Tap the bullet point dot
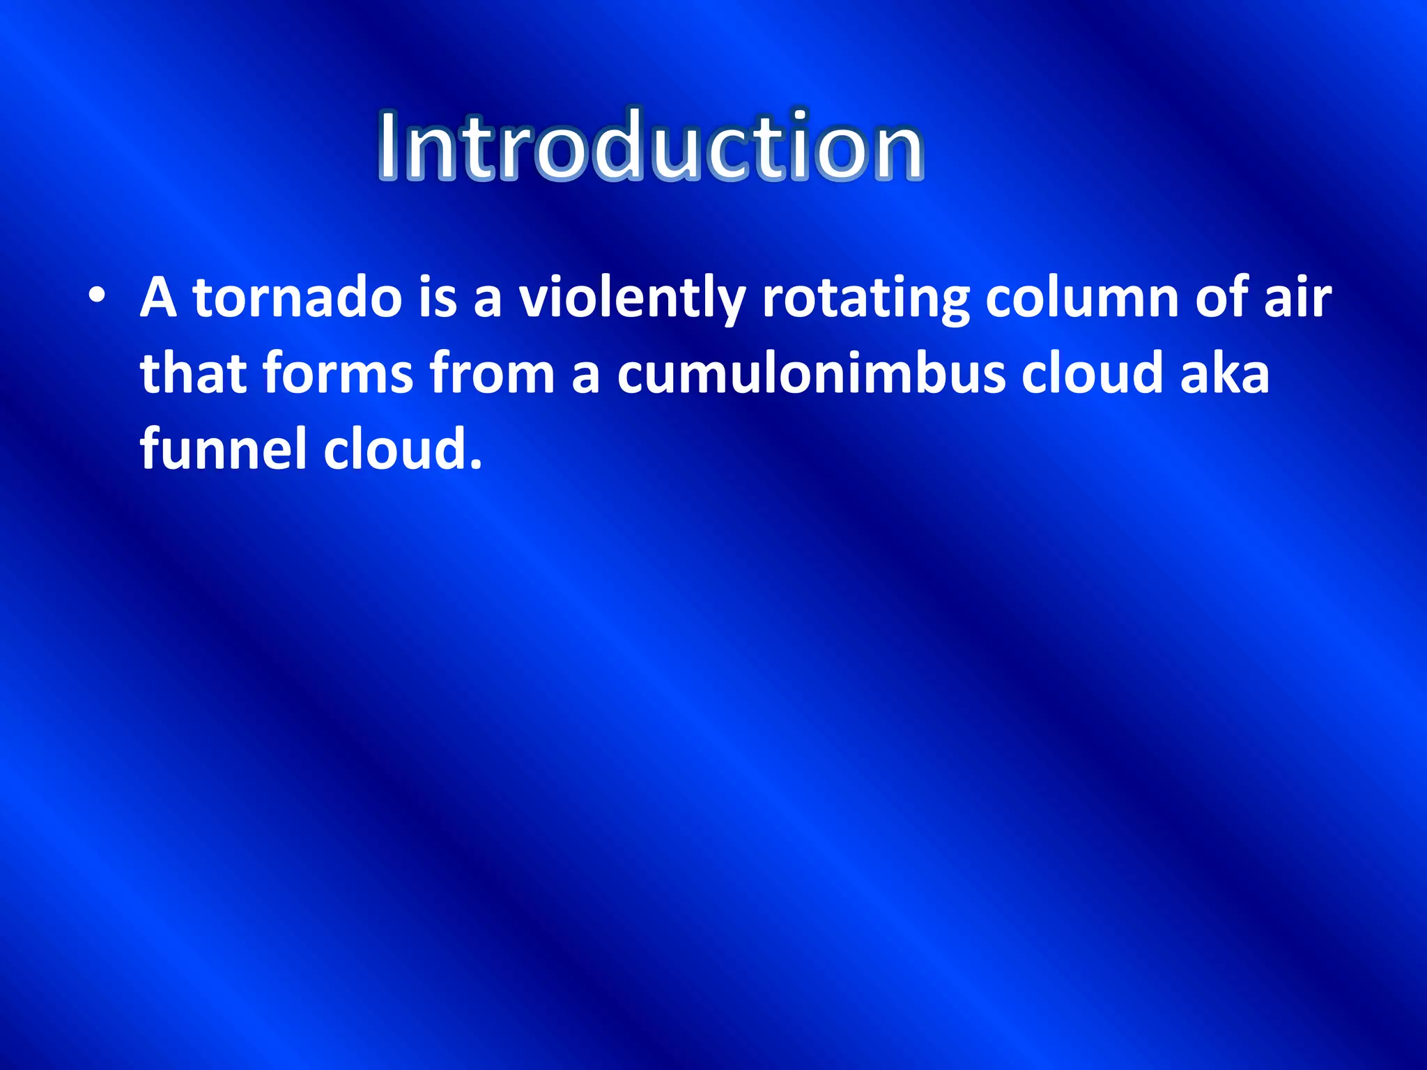pos(98,297)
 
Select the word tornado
pos(298,298)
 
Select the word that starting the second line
pos(192,373)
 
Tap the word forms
pos(338,373)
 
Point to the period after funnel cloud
pos(476,465)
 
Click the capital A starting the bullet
pos(158,298)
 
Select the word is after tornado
pos(437,298)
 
